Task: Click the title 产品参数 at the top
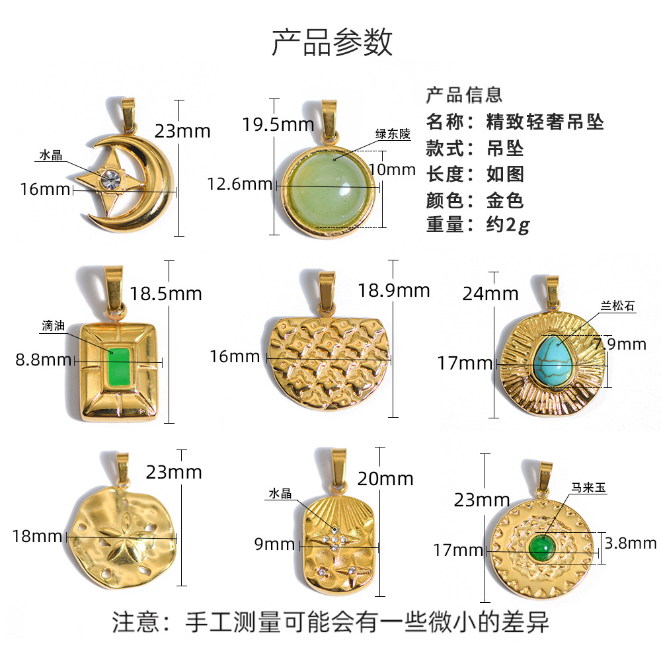click(x=332, y=41)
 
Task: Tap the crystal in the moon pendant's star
click(x=110, y=177)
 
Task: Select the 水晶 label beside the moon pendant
click(x=50, y=155)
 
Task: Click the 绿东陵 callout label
click(x=393, y=134)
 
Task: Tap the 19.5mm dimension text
click(x=268, y=124)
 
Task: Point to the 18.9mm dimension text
click(x=394, y=290)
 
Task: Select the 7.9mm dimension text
click(x=619, y=344)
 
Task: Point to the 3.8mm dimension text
click(x=630, y=543)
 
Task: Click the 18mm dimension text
click(x=36, y=536)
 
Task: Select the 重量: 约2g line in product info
click(x=478, y=224)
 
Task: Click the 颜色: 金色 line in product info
click(x=475, y=199)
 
